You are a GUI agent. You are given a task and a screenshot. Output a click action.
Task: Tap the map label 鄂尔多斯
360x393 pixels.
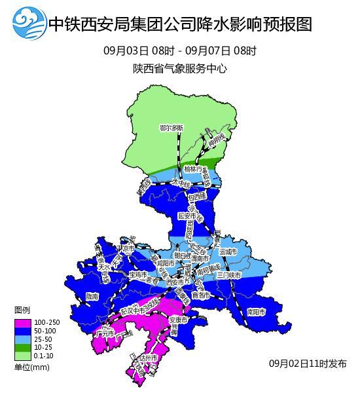171,128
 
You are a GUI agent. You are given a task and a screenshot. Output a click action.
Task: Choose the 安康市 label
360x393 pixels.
179,320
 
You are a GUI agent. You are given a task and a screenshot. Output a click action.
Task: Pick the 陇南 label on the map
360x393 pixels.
92,297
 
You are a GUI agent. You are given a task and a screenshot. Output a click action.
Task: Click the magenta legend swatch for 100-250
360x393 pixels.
22,323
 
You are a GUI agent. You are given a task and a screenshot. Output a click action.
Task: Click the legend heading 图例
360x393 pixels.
22,310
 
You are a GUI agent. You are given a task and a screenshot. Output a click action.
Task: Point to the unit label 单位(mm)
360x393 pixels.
31,367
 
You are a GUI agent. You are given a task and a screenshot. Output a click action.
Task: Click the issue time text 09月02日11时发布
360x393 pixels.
308,364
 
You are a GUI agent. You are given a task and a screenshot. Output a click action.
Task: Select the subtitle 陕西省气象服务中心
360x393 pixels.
179,68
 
